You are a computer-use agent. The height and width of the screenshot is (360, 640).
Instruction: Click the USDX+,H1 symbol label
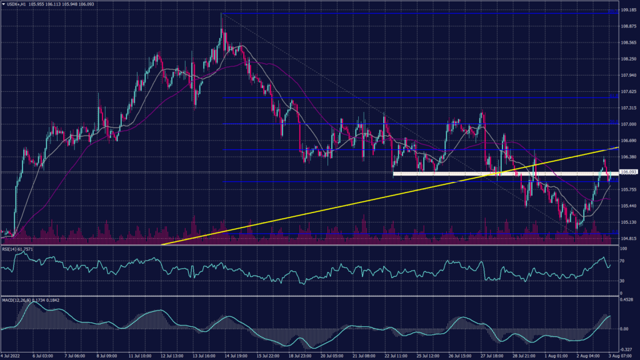point(17,3)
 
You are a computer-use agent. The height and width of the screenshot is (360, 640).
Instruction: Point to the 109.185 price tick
point(628,11)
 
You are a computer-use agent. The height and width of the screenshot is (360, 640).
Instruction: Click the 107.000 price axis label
point(628,124)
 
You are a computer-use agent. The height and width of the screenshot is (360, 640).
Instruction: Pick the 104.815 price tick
point(628,238)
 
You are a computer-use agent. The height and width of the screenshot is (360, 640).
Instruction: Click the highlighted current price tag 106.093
point(628,172)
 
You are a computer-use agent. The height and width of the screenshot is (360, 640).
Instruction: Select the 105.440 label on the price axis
point(628,206)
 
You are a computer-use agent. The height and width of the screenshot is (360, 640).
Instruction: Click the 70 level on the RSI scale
point(623,260)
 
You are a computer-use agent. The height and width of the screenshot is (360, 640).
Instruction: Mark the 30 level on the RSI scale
point(623,281)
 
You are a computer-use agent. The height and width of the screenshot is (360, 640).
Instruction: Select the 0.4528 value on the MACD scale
point(627,299)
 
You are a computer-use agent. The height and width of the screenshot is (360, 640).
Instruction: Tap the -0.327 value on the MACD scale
point(627,350)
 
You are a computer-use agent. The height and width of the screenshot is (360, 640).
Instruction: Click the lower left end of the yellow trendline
point(162,244)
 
